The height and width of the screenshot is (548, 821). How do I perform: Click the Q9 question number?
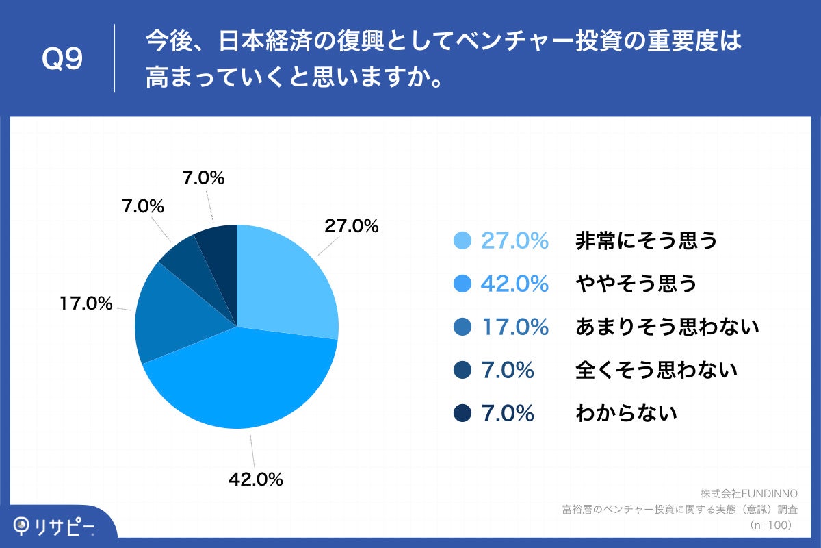pyautogui.click(x=62, y=60)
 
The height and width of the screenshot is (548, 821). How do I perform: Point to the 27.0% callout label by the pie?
pyautogui.click(x=351, y=226)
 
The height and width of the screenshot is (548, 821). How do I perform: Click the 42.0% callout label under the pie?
pyautogui.click(x=255, y=480)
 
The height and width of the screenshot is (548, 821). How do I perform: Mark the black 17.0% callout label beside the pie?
pyautogui.click(x=86, y=303)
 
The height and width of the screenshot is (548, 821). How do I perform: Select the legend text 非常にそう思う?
pyautogui.click(x=647, y=240)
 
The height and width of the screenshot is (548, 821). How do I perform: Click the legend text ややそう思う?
pyautogui.click(x=636, y=284)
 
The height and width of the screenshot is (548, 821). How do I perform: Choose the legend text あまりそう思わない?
pyautogui.click(x=668, y=327)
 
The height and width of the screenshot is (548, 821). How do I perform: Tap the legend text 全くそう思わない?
pyautogui.click(x=657, y=370)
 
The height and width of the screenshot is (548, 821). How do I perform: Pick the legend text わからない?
pyautogui.click(x=627, y=413)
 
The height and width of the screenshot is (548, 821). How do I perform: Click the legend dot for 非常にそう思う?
pyautogui.click(x=462, y=240)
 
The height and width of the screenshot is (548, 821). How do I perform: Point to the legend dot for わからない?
pyautogui.click(x=462, y=413)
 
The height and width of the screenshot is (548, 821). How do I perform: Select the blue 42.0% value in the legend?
pyautogui.click(x=514, y=284)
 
